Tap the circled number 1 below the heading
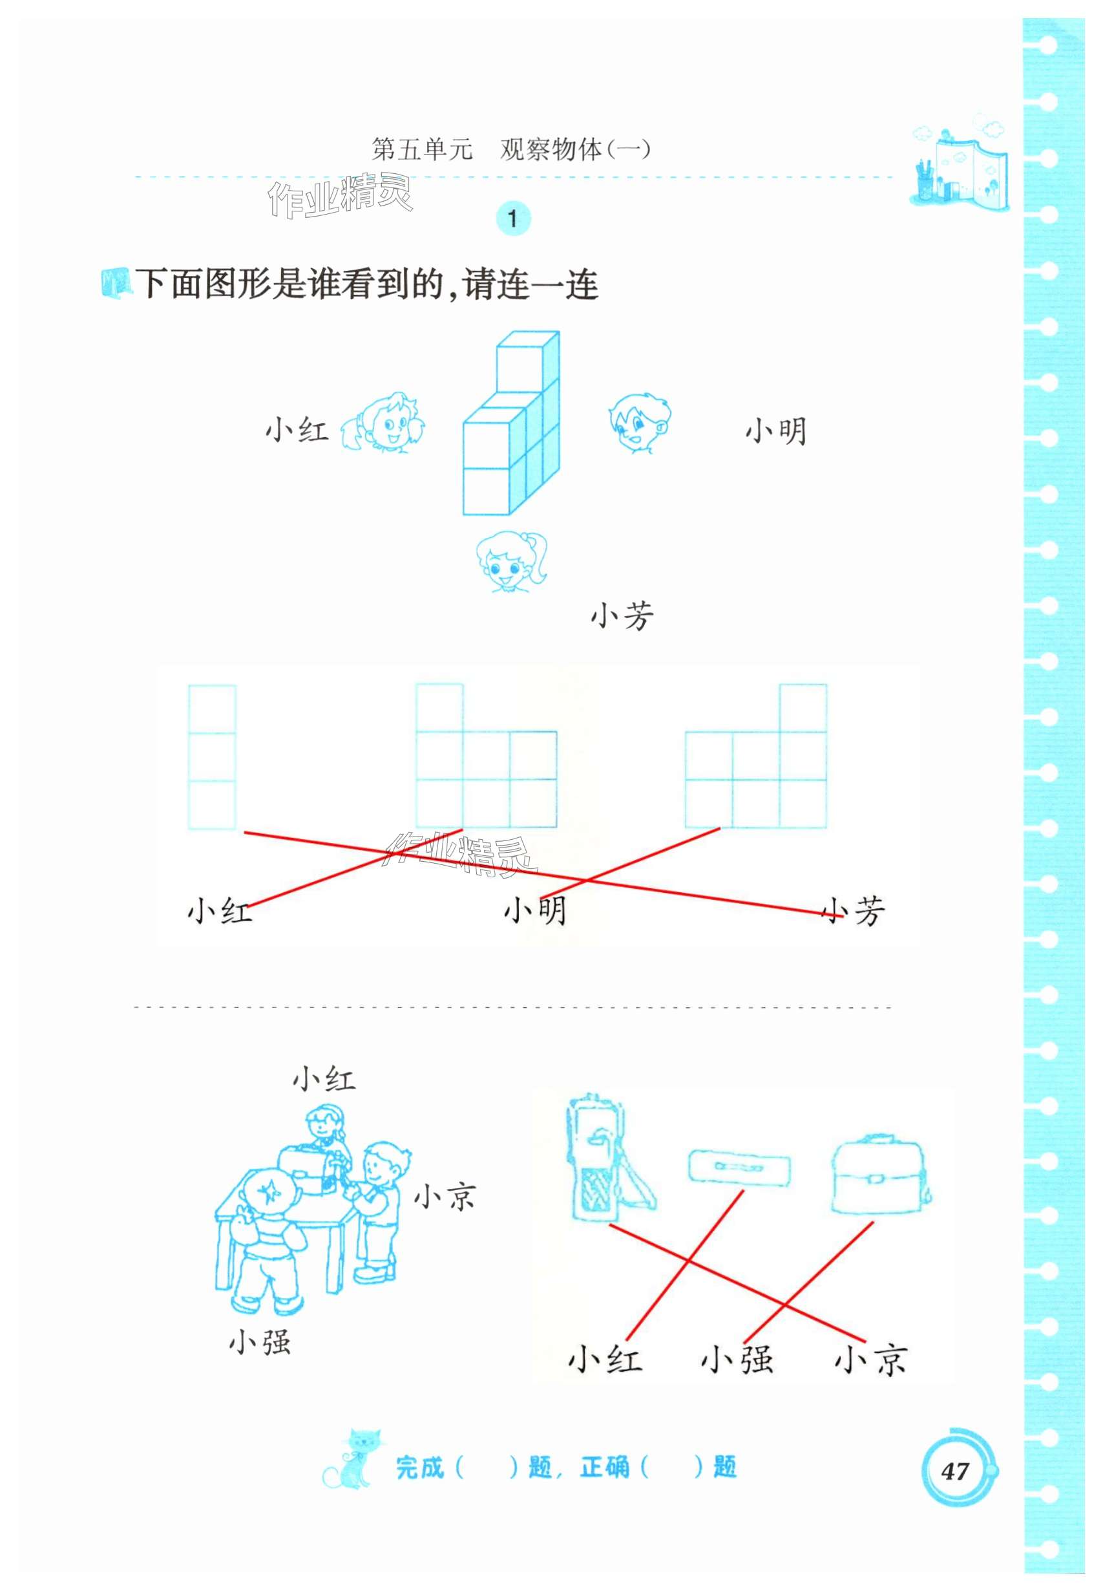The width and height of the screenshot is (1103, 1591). tap(512, 219)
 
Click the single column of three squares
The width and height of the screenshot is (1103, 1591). tap(212, 757)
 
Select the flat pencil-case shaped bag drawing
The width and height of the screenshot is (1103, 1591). tap(739, 1166)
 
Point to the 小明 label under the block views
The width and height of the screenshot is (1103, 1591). tap(536, 910)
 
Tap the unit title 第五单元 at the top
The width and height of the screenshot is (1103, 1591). tap(421, 149)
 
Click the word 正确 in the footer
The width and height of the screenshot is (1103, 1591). tap(605, 1466)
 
